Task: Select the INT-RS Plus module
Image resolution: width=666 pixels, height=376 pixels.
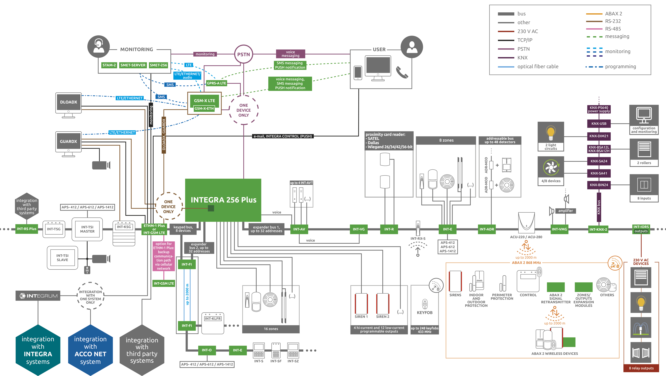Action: pos(27,229)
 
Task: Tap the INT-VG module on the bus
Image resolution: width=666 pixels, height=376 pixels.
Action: pos(359,229)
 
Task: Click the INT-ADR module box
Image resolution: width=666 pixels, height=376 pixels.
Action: pos(487,229)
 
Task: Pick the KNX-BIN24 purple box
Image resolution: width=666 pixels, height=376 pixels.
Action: pos(599,185)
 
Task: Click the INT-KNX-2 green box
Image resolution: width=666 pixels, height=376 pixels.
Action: pos(598,229)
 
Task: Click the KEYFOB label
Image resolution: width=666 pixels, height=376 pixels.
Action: pos(424,313)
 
